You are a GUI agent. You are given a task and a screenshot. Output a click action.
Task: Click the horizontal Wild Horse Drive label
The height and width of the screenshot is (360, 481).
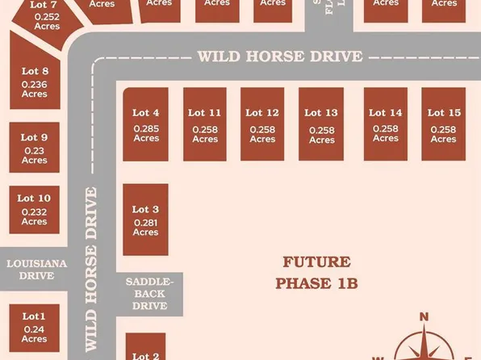tap(280, 57)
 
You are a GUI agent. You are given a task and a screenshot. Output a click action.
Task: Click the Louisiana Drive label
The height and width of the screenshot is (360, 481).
tap(36, 270)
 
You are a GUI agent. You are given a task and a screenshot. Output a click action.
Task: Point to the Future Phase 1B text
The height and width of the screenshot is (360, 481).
tap(316, 273)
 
